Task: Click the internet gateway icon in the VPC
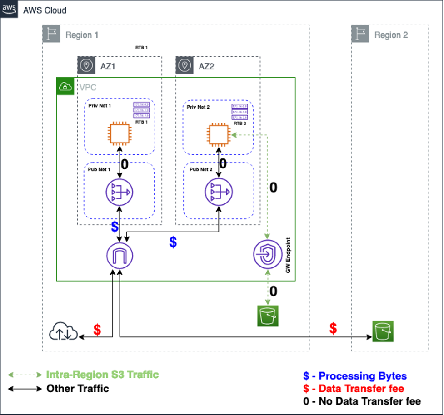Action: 120,255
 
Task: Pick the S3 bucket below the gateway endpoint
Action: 267,316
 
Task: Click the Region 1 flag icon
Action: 51,35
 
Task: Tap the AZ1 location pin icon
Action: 85,65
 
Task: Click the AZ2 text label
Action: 206,66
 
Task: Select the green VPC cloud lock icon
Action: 65,86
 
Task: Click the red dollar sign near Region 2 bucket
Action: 333,328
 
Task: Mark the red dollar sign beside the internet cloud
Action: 97,330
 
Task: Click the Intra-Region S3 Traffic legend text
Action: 102,375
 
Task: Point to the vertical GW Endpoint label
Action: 288,255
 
